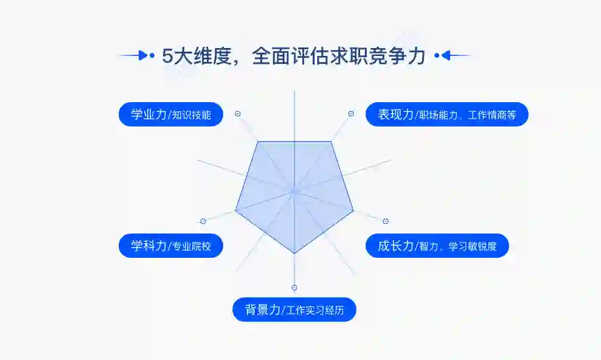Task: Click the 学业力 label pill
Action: click(x=171, y=114)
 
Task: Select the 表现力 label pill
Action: click(x=446, y=114)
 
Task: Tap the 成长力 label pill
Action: click(x=437, y=246)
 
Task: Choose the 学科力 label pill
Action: click(x=171, y=246)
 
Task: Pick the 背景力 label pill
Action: click(x=294, y=310)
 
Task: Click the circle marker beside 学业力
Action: click(x=238, y=114)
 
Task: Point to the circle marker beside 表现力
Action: click(x=351, y=114)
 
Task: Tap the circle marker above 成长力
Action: click(x=385, y=221)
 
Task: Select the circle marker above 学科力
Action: click(x=203, y=221)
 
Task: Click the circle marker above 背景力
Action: click(x=294, y=287)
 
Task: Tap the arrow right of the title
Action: click(x=453, y=56)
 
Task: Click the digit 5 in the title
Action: click(x=167, y=57)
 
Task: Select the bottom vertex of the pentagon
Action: click(x=294, y=253)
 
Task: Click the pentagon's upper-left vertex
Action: click(x=258, y=142)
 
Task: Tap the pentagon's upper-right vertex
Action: click(x=332, y=142)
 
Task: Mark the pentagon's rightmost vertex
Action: click(x=353, y=210)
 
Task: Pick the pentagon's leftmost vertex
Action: click(x=235, y=210)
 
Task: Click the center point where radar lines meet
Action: click(x=294, y=191)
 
